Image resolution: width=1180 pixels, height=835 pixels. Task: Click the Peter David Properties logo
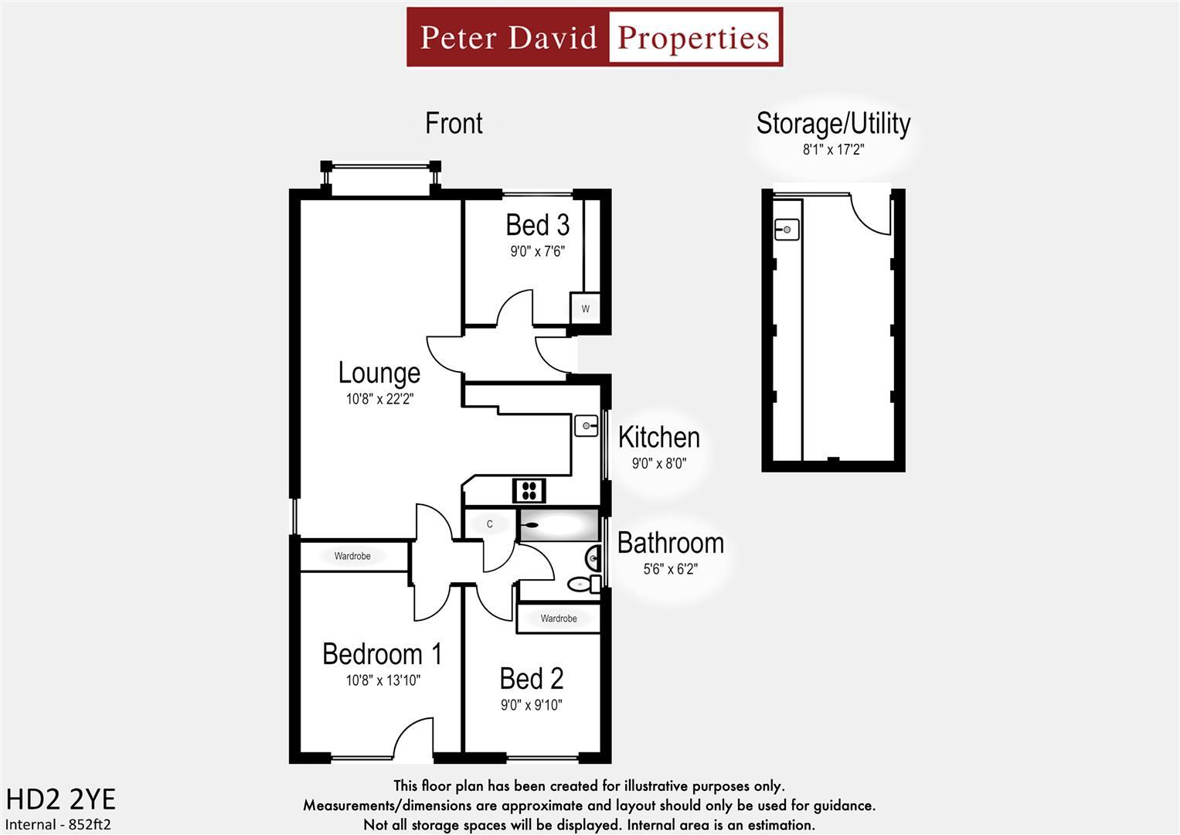tap(594, 37)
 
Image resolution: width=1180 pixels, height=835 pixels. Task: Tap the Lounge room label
tap(379, 373)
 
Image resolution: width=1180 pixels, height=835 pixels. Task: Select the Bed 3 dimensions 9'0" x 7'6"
tap(537, 251)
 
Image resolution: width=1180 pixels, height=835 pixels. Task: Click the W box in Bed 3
tap(585, 308)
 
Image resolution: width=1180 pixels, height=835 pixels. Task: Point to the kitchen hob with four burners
tap(529, 490)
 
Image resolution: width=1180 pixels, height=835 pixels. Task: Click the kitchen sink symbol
tap(587, 425)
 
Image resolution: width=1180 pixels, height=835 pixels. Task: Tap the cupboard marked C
tap(489, 524)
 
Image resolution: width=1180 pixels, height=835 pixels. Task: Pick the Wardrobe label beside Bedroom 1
tap(352, 556)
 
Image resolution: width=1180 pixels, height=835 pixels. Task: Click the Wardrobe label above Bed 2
tap(559, 619)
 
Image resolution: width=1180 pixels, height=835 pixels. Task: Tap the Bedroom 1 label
tap(382, 654)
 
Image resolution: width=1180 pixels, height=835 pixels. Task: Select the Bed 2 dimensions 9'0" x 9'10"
tap(531, 705)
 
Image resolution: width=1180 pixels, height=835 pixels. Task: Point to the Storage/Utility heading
tap(833, 124)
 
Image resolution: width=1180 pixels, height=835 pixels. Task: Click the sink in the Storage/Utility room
tap(787, 230)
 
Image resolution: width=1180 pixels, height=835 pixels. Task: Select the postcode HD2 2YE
tap(60, 799)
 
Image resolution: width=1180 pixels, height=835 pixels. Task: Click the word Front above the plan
tap(454, 124)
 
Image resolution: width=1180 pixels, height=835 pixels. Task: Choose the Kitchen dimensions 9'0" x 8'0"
tap(658, 464)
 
